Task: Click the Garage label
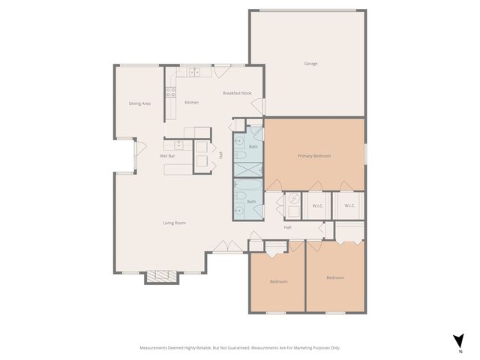click(x=310, y=64)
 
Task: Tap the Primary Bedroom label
click(x=314, y=156)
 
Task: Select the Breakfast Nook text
click(x=237, y=93)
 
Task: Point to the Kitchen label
click(x=192, y=103)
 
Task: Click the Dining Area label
click(x=139, y=103)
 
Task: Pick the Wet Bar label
click(x=167, y=156)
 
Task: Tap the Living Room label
click(x=175, y=223)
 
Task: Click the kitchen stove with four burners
click(x=171, y=93)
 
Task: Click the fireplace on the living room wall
click(x=162, y=276)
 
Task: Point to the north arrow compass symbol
click(x=458, y=341)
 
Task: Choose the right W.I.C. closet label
click(x=349, y=205)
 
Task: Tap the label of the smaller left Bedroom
click(x=278, y=281)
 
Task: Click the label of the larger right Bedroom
click(x=335, y=277)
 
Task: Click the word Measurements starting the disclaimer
click(x=157, y=348)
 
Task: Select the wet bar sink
click(x=179, y=144)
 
